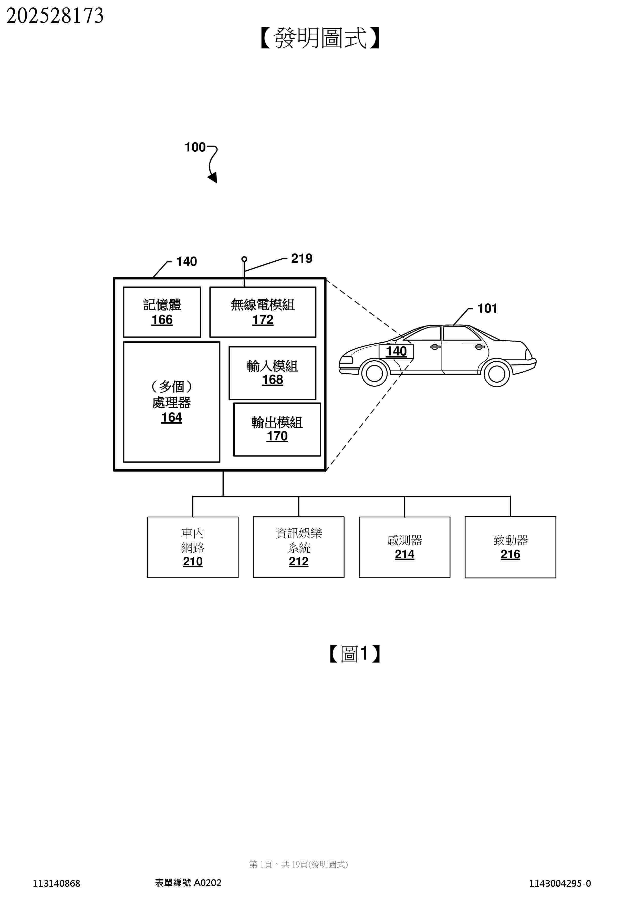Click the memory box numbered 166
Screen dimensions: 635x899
click(x=162, y=312)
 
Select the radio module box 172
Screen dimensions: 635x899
click(x=263, y=312)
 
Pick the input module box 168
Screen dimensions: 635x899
click(x=272, y=373)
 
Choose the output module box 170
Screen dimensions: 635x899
click(x=277, y=429)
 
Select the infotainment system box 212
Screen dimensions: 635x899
click(x=298, y=547)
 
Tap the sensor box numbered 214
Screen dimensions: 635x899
click(x=404, y=547)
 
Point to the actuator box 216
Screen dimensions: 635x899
click(x=510, y=547)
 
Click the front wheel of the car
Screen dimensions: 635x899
click(x=374, y=373)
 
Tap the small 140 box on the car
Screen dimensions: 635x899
click(x=396, y=351)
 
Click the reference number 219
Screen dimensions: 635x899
click(x=302, y=258)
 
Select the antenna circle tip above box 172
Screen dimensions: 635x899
click(x=244, y=259)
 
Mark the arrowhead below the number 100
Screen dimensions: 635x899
click(x=213, y=178)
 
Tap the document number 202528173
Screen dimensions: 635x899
click(x=55, y=16)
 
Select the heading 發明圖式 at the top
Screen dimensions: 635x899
click(x=320, y=38)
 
